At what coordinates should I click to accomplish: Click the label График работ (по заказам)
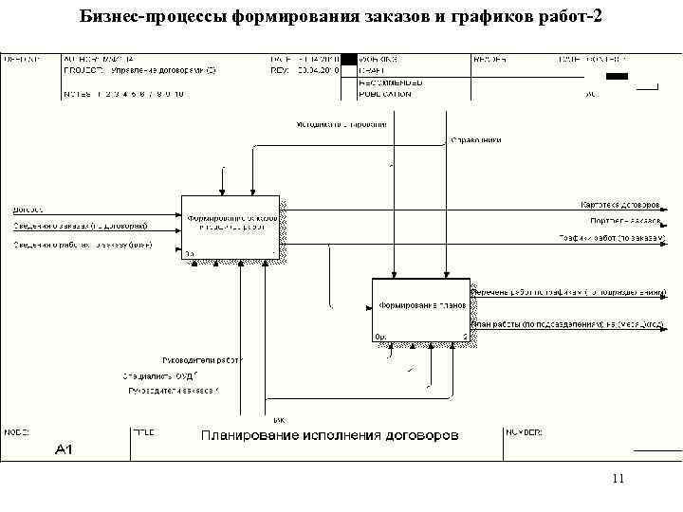(x=612, y=237)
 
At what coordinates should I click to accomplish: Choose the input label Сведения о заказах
(x=80, y=226)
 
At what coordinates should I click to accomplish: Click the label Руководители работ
(x=203, y=360)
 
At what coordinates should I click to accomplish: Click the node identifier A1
(x=65, y=448)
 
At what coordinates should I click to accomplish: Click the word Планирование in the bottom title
(x=249, y=435)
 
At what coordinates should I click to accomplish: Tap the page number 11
(x=618, y=479)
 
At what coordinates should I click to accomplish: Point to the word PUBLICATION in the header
(x=384, y=94)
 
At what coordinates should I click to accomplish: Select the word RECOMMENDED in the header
(x=390, y=82)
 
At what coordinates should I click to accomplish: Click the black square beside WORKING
(x=349, y=59)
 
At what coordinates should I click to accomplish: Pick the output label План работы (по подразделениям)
(x=567, y=323)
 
